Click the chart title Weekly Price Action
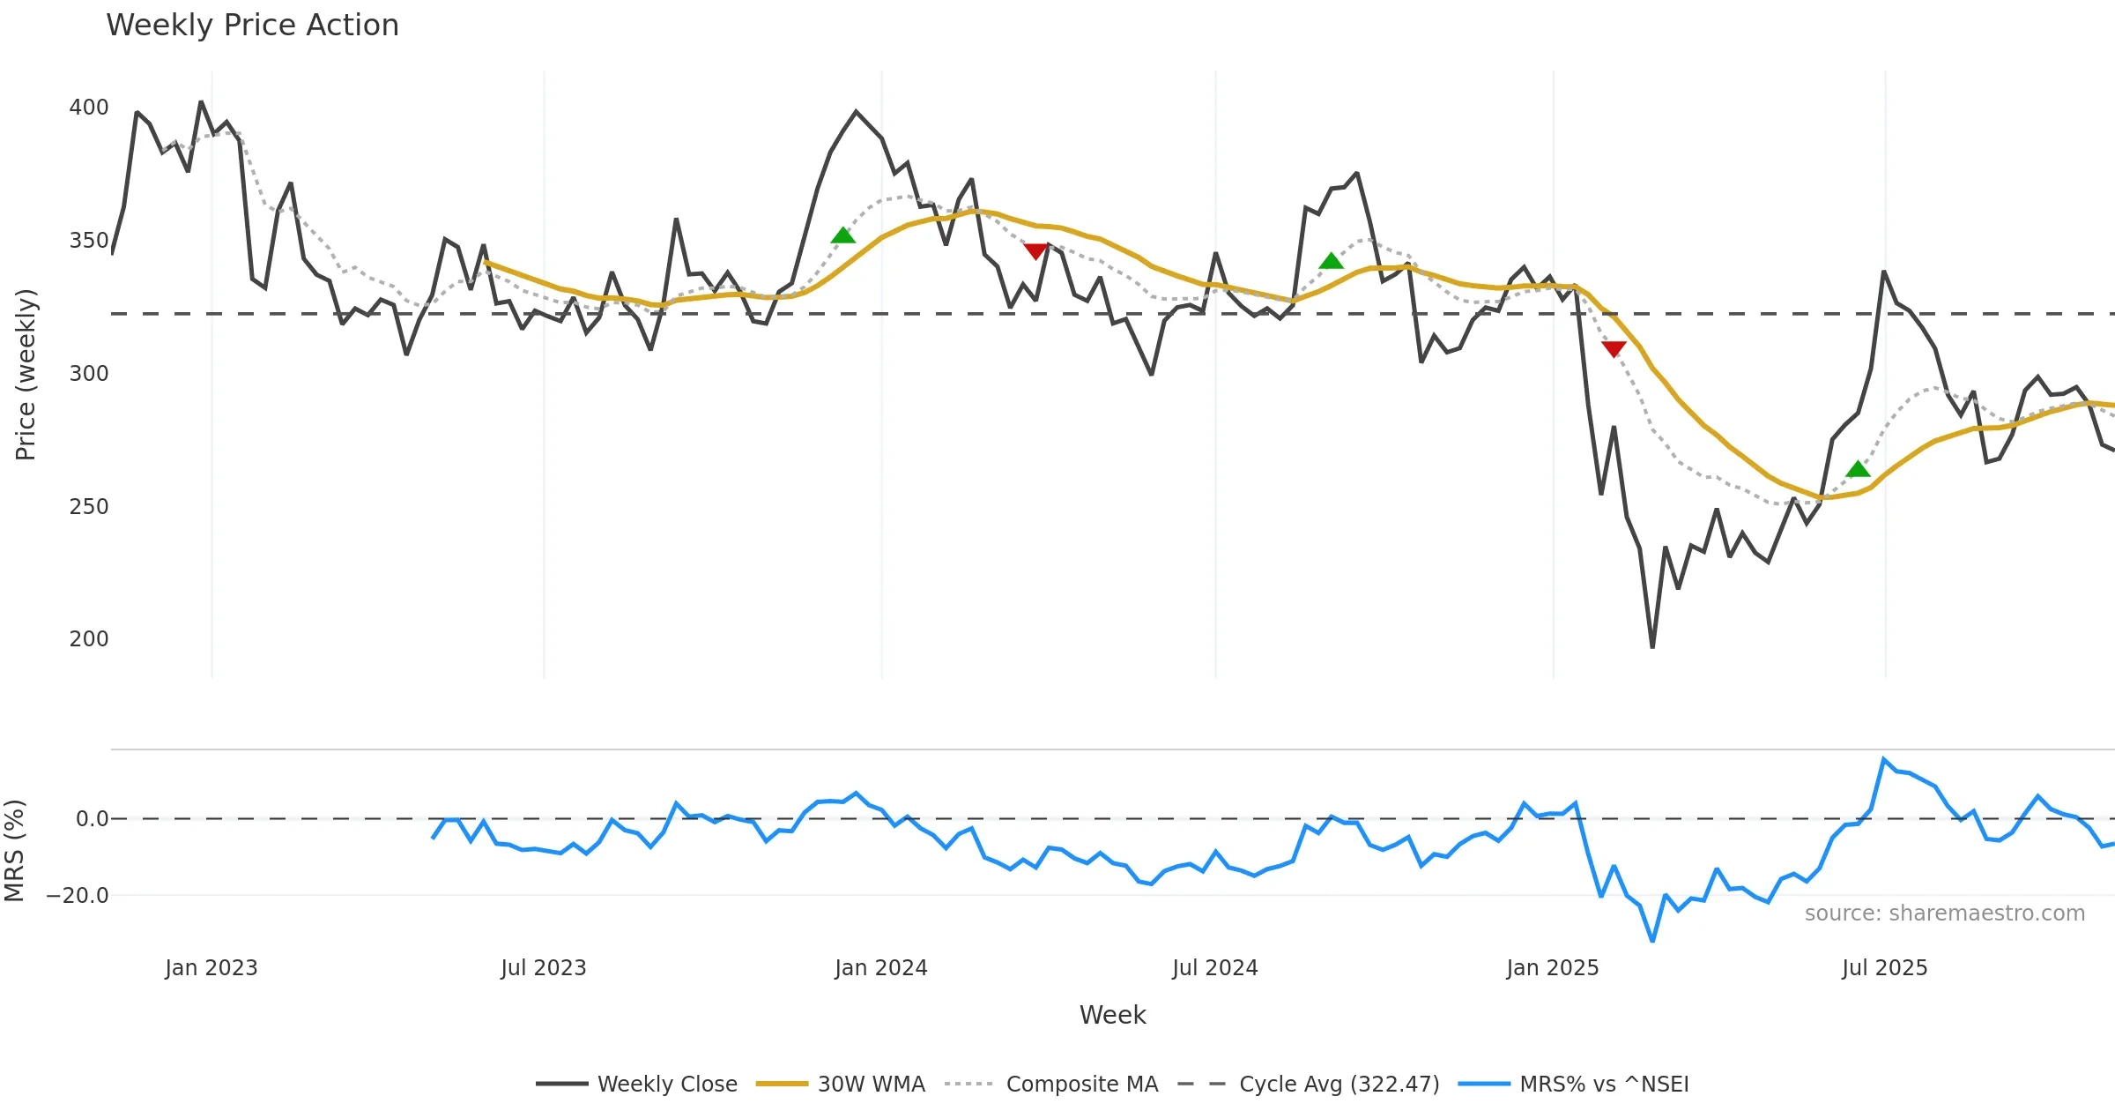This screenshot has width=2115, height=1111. (x=252, y=26)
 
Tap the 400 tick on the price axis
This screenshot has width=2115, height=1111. (x=88, y=108)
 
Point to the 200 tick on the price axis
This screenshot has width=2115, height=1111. (x=88, y=639)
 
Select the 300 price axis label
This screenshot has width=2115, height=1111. (x=88, y=374)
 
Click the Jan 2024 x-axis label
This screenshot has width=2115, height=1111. (x=881, y=968)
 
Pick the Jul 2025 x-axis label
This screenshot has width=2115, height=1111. (x=1884, y=968)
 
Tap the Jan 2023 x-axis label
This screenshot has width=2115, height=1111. (x=211, y=968)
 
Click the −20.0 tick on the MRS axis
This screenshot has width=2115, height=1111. (x=78, y=896)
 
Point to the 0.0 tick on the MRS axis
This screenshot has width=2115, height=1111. (x=92, y=819)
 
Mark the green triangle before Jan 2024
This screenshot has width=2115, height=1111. (x=843, y=235)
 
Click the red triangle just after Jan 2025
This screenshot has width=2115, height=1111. (x=1614, y=349)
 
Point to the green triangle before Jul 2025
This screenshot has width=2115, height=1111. (x=1858, y=469)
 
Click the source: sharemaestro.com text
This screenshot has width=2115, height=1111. (x=1944, y=913)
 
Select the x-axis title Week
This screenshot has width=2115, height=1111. (x=1112, y=1016)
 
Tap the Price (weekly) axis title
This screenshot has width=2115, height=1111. (x=26, y=375)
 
